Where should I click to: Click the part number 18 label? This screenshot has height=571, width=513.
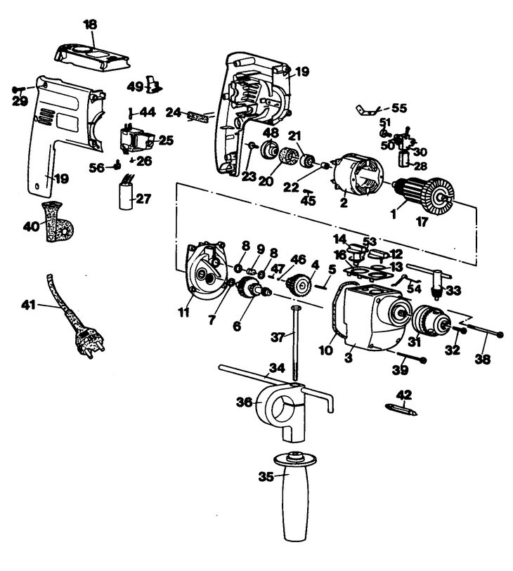pyautogui.click(x=91, y=25)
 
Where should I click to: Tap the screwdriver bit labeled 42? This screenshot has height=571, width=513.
pyautogui.click(x=401, y=409)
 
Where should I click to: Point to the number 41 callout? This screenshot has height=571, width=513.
pyautogui.click(x=28, y=304)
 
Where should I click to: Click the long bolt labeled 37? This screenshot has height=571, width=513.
pyautogui.click(x=294, y=343)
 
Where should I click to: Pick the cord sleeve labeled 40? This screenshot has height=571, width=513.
pyautogui.click(x=58, y=221)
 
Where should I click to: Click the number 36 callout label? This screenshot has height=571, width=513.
pyautogui.click(x=244, y=402)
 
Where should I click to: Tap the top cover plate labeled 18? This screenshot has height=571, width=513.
pyautogui.click(x=92, y=56)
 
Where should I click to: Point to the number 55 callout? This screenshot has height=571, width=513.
pyautogui.click(x=399, y=108)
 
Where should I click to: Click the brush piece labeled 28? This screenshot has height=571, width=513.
pyautogui.click(x=404, y=159)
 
